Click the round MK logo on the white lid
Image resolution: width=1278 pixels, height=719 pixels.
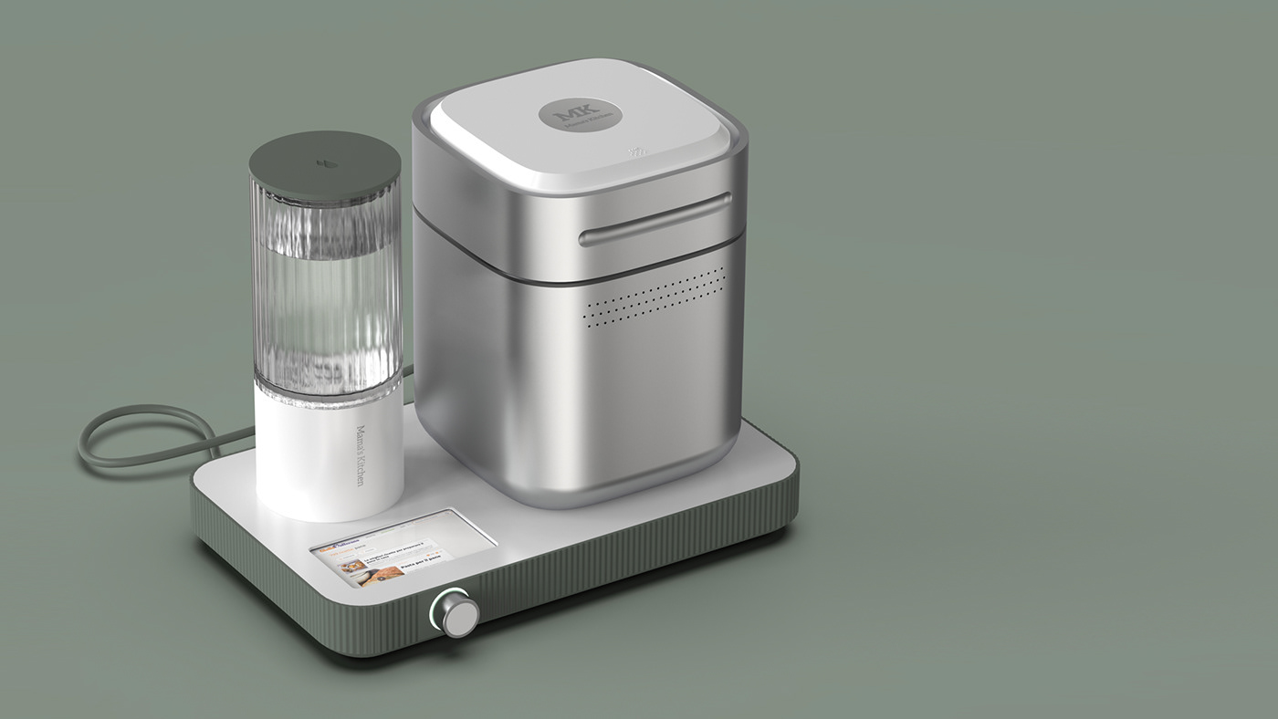click(580, 116)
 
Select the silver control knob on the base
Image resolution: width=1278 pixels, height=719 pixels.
click(453, 612)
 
